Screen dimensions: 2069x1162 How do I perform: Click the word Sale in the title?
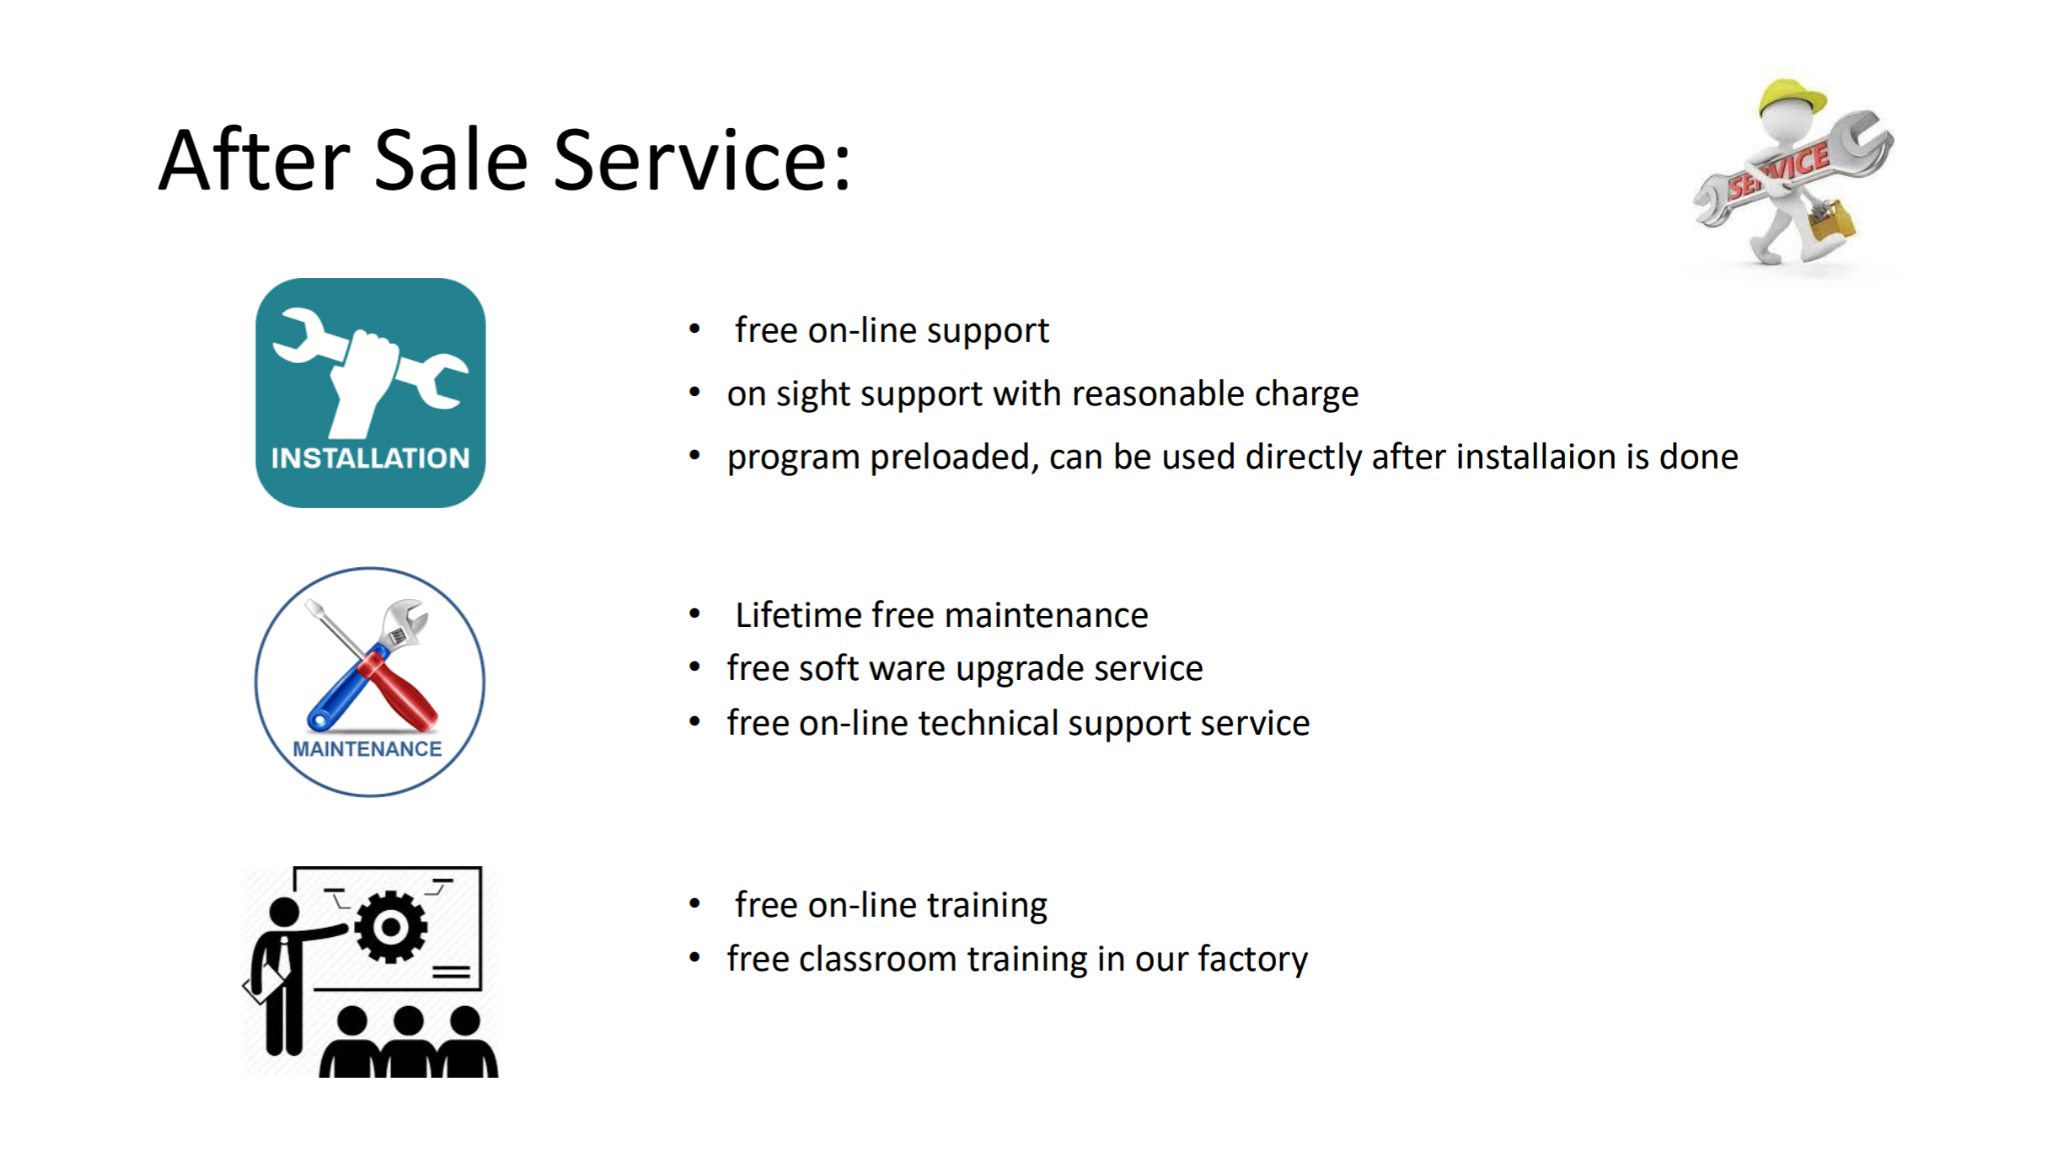(451, 160)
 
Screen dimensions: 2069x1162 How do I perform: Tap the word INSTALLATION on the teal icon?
(370, 458)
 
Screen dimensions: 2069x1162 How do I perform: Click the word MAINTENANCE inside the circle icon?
(367, 749)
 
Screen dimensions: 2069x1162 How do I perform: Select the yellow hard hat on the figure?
(1792, 98)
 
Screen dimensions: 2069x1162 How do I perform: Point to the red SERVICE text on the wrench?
(1778, 172)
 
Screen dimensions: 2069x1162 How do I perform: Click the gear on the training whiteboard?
(391, 927)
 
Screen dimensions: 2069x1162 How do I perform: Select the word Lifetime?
(799, 615)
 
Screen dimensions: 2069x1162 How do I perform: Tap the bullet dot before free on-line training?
(694, 904)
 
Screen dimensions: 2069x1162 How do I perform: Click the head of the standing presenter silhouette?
(284, 912)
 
